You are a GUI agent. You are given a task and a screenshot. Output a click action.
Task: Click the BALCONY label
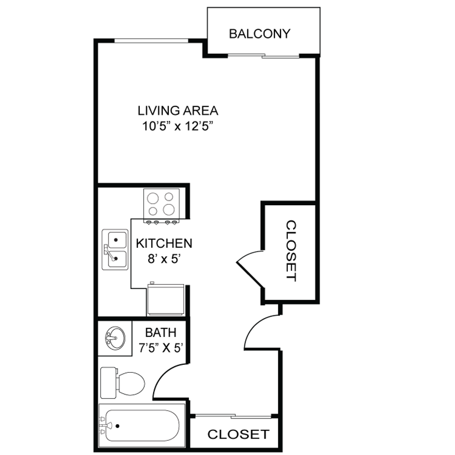pyautogui.click(x=260, y=34)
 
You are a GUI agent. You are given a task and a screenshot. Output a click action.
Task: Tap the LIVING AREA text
pyautogui.click(x=178, y=111)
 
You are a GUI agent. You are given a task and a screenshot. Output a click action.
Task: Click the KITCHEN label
pyautogui.click(x=164, y=243)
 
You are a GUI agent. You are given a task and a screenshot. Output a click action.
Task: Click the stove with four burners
pyautogui.click(x=161, y=203)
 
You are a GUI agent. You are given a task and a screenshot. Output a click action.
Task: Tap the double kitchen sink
pyautogui.click(x=115, y=249)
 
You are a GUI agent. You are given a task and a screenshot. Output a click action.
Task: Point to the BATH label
pyautogui.click(x=161, y=332)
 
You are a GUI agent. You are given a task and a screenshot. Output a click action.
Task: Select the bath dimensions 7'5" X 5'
pyautogui.click(x=162, y=348)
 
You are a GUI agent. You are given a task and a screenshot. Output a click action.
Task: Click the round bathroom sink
pyautogui.click(x=114, y=338)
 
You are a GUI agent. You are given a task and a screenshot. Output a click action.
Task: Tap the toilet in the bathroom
pyautogui.click(x=123, y=382)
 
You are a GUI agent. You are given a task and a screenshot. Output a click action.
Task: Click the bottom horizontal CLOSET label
pyautogui.click(x=238, y=434)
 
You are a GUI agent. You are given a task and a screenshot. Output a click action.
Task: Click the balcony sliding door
pyautogui.click(x=263, y=56)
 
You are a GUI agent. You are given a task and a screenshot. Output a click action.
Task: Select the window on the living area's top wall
pyautogui.click(x=151, y=40)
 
